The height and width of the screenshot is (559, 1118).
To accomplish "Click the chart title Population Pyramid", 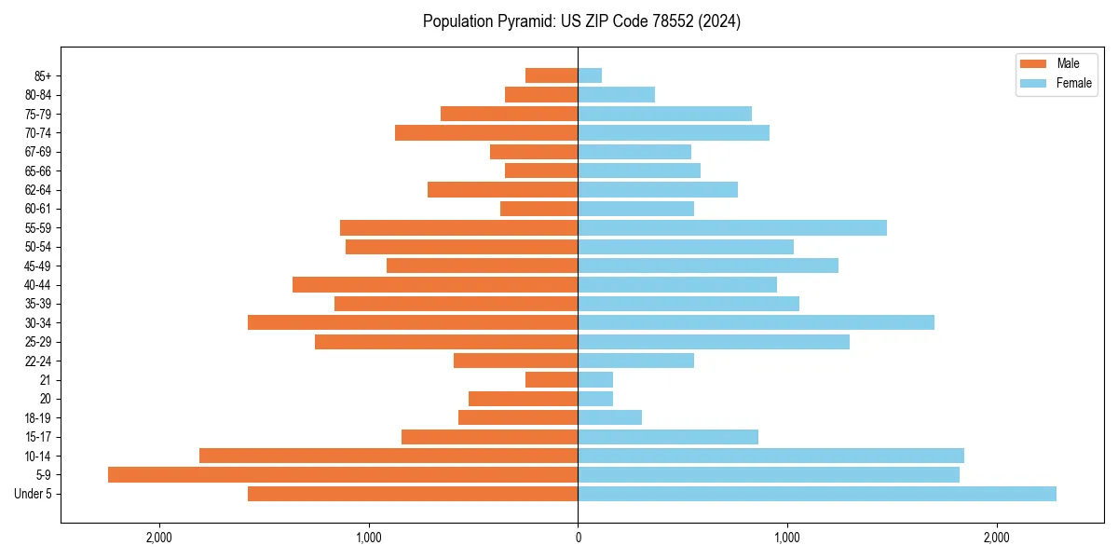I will (581, 21).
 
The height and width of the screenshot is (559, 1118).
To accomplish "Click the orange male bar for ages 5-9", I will (343, 475).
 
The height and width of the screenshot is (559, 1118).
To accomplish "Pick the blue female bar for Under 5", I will (817, 494).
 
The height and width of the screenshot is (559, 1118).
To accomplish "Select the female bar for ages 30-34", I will (756, 322).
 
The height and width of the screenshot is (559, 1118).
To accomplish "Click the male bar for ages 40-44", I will (435, 284).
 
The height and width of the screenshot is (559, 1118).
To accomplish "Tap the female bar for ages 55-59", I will (732, 227).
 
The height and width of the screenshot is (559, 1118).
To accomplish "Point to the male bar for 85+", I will (552, 75).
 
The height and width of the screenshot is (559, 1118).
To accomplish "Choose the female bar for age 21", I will (595, 380).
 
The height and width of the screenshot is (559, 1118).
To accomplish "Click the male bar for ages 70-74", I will (486, 132).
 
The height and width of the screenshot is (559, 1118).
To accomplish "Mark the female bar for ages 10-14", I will (770, 456).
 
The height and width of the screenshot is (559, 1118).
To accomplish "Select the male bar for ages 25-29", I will (446, 342).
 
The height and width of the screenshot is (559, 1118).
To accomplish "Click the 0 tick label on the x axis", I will (578, 538).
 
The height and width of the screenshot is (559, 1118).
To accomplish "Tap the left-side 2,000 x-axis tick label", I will (159, 538).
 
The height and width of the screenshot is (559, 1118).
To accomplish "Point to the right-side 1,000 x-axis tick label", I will (787, 538).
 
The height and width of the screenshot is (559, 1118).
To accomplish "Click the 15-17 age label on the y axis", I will (38, 437).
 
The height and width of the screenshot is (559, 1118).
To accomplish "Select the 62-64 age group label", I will (38, 190).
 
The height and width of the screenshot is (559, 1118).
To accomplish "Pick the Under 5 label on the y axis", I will (34, 494).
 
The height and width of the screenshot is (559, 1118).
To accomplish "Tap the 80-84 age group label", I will (38, 95).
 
